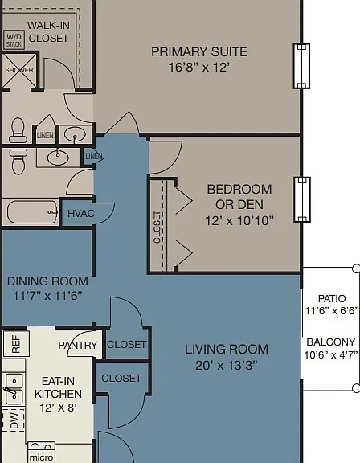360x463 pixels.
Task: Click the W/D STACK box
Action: tap(14, 40)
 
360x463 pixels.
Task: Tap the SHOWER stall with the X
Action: tap(19, 70)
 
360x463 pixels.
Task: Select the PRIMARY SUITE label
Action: tap(199, 52)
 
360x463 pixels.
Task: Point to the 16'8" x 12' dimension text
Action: tap(198, 67)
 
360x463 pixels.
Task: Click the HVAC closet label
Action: tap(81, 213)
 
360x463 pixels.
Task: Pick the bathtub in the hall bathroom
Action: tap(32, 211)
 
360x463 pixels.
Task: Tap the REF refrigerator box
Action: tap(16, 344)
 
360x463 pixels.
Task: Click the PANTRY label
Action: tap(78, 345)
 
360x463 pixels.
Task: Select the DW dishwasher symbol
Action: tap(13, 420)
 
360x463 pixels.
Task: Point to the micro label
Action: tap(41, 457)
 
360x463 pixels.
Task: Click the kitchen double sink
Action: tap(14, 389)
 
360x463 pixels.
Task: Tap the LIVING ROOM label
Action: tap(227, 350)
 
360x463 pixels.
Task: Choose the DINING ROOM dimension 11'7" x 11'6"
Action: tap(47, 296)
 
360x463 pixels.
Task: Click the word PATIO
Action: tap(332, 298)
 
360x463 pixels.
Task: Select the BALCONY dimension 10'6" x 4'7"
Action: tap(331, 354)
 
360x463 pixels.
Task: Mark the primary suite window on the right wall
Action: tap(301, 66)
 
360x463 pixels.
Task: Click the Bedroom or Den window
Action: tap(301, 199)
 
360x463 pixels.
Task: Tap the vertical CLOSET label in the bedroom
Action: tap(157, 227)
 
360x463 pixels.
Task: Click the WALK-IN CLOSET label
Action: tap(49, 31)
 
